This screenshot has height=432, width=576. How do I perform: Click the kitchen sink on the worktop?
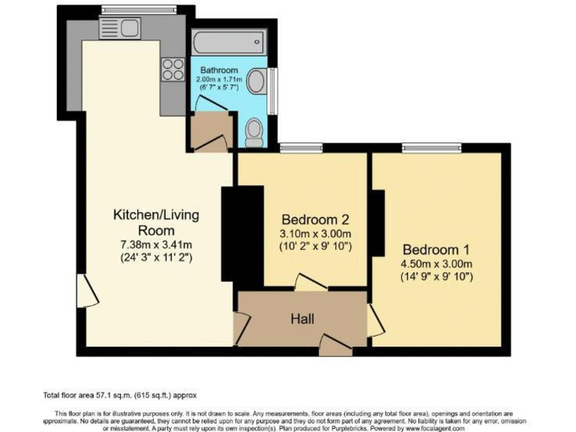[120, 28]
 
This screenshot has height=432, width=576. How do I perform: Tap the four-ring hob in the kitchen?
[172, 69]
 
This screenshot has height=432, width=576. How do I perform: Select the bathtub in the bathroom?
[228, 42]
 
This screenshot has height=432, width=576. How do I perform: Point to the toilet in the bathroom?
[254, 132]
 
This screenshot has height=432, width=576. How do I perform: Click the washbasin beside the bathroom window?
[257, 80]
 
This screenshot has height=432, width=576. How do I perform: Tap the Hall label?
[301, 319]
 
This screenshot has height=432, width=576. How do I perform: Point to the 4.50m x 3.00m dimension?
[436, 263]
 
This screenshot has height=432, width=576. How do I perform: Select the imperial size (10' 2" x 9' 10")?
[316, 247]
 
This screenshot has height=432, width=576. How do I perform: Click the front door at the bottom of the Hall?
[334, 344]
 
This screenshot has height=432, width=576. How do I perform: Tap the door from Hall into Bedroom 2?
[310, 283]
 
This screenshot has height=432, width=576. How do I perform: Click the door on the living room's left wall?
[87, 290]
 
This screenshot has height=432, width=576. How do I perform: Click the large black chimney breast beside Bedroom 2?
[242, 235]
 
